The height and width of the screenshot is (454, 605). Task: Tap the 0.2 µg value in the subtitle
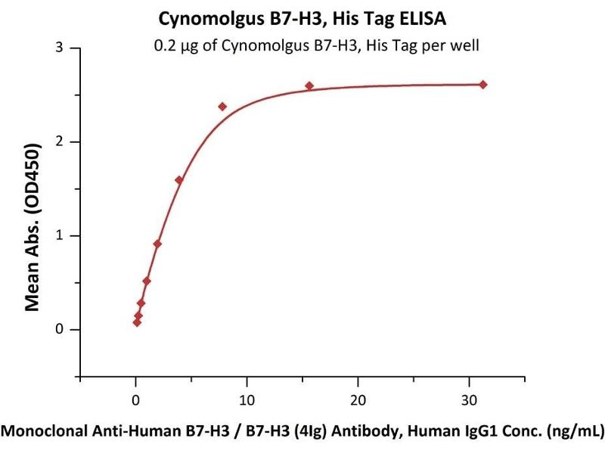coord(175,45)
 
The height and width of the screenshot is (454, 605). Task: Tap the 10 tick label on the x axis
coord(247,399)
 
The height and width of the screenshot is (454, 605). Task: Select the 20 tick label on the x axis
coord(358,399)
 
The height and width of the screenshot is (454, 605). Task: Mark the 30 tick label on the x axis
coord(470,399)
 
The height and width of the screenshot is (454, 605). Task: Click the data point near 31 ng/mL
coord(483,85)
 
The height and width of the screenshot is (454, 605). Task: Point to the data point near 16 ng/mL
coord(309,86)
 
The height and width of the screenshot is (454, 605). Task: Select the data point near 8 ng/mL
coord(222,107)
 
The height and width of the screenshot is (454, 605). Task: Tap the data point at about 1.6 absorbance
coord(178,180)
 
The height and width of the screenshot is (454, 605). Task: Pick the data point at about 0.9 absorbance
coord(157,244)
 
